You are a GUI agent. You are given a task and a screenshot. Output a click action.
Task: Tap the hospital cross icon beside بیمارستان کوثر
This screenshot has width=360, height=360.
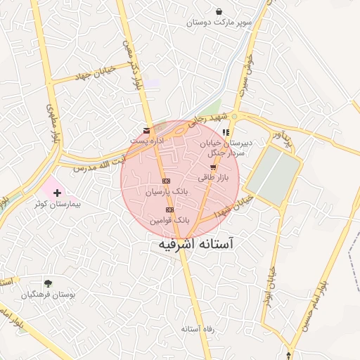pos(56,192)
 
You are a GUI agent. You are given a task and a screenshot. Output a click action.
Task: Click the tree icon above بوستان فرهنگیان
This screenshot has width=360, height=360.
pos(48,283)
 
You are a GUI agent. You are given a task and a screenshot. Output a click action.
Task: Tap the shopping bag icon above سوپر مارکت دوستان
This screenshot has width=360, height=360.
pos(219,11)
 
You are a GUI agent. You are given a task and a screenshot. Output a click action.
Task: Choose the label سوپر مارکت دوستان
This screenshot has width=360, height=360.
pos(219,22)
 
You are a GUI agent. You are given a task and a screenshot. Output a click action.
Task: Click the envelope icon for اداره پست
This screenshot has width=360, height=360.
pos(146,131)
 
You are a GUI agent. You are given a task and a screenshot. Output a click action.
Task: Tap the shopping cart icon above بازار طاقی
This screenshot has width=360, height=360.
pos(213,167)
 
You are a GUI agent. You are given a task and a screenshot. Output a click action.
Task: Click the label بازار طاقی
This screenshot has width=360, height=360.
pos(213,178)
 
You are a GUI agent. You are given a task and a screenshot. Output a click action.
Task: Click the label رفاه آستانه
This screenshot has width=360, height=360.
pos(196,329)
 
